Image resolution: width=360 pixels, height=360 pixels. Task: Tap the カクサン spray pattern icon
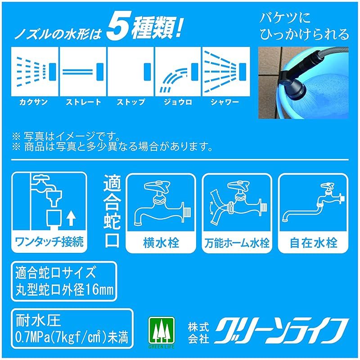coord(35,71)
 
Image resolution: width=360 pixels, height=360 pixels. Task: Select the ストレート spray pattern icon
coord(83,71)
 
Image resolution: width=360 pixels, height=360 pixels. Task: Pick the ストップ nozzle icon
coord(130,71)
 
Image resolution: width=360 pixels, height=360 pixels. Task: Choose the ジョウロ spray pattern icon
coord(178,71)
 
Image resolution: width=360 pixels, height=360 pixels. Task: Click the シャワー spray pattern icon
coord(225,71)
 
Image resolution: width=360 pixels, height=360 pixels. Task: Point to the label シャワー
coord(225,102)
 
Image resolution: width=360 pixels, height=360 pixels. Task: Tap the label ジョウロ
coord(178,102)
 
